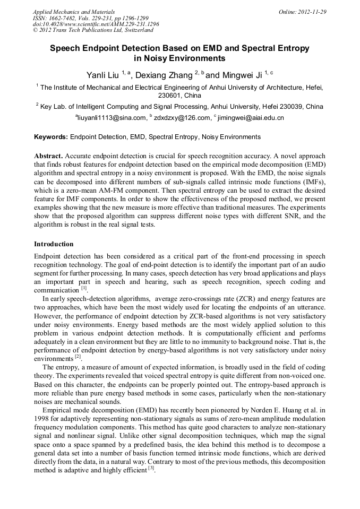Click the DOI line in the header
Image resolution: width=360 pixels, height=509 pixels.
[96, 24]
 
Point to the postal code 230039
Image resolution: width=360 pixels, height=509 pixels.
[289, 107]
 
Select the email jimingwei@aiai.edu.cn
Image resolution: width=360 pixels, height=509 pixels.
[251, 118]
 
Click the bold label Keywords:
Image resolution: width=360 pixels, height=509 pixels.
[51, 137]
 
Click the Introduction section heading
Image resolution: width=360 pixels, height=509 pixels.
[54, 244]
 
